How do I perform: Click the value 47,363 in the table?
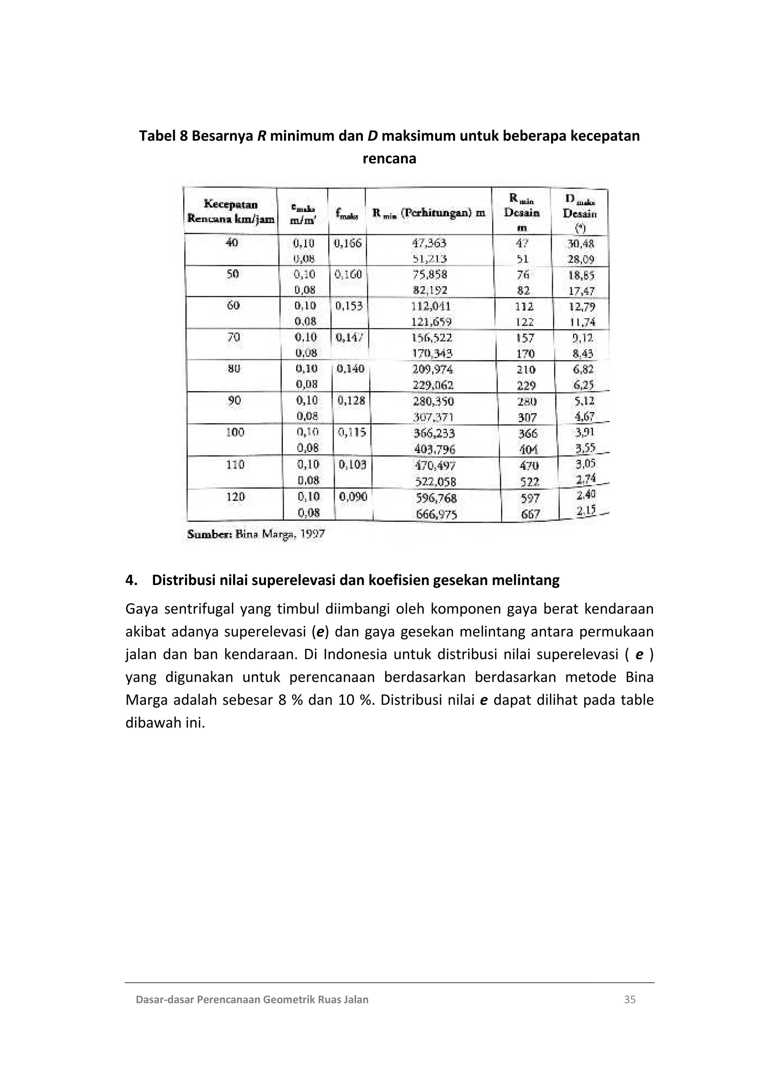click(429, 243)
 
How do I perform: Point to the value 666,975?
click(436, 515)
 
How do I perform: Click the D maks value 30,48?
click(580, 244)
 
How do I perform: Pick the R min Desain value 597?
click(530, 498)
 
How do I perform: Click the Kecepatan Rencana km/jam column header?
click(231, 212)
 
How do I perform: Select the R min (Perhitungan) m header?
click(429, 213)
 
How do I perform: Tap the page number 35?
click(629, 999)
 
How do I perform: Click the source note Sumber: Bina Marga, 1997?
click(256, 534)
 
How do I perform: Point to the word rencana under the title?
click(389, 159)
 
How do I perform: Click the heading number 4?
click(131, 581)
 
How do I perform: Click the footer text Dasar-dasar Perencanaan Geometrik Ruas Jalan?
click(252, 999)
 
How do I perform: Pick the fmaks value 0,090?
click(353, 497)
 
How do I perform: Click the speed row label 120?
click(235, 496)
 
